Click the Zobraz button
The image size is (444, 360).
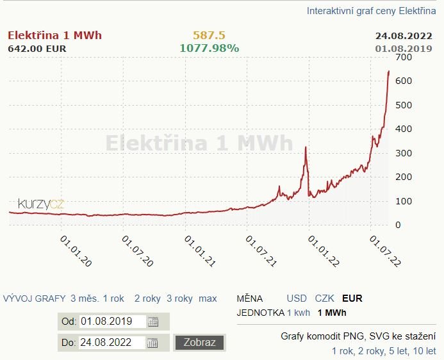pyautogui.click(x=200, y=342)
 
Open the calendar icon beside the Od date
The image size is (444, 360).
pyautogui.click(x=153, y=322)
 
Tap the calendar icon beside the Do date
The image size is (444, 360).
pyautogui.click(x=153, y=342)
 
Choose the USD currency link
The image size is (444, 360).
pyautogui.click(x=297, y=299)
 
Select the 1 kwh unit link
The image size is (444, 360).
pyautogui.click(x=299, y=313)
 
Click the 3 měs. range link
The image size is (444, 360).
pyautogui.click(x=85, y=299)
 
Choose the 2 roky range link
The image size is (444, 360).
pyautogui.click(x=147, y=299)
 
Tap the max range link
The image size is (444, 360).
pyautogui.click(x=208, y=299)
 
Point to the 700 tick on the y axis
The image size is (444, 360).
pyautogui.click(x=403, y=58)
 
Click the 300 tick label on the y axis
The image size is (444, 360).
pyautogui.click(x=403, y=153)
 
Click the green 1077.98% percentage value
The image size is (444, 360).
pyautogui.click(x=209, y=48)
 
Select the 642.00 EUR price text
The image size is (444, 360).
pyautogui.click(x=37, y=48)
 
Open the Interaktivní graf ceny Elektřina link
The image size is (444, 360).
pyautogui.click(x=371, y=11)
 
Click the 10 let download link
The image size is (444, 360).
pyautogui.click(x=424, y=351)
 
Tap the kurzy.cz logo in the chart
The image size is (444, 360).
pyautogui.click(x=41, y=204)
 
